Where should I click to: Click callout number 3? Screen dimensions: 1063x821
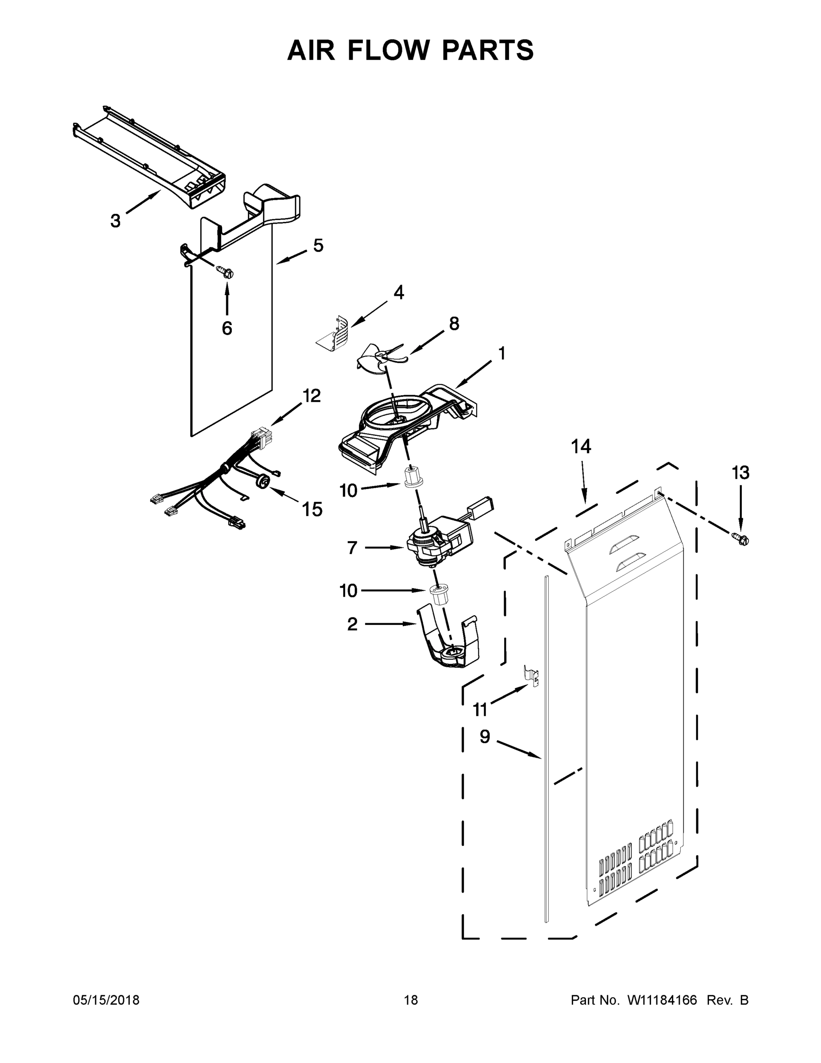point(115,221)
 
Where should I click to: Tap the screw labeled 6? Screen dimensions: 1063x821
point(225,272)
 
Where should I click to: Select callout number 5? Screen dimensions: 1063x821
point(318,245)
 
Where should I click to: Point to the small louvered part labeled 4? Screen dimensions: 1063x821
point(335,333)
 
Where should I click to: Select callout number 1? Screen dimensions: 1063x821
point(501,353)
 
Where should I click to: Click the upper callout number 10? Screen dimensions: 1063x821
point(348,491)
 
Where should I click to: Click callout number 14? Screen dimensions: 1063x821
point(581,446)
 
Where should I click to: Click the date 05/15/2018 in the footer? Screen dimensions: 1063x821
point(106,1000)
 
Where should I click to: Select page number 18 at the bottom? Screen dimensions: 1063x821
point(411,1000)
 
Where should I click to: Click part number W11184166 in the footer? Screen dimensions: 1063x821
point(662,1000)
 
